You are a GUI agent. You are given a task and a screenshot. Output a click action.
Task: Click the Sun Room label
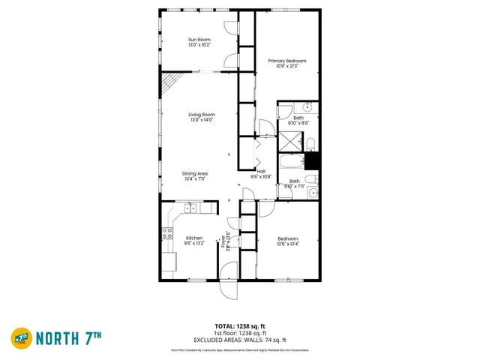tap(199, 39)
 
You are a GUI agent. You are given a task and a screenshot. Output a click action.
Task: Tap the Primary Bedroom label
tap(287, 61)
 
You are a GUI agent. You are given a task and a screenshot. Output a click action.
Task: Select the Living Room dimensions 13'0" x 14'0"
tap(202, 120)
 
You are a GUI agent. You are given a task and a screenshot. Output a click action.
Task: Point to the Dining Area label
tap(195, 173)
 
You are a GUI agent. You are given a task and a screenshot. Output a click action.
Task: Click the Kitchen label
tap(193, 238)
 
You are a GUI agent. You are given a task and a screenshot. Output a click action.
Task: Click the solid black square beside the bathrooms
tap(312, 160)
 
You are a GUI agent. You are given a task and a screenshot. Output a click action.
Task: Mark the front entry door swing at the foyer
tap(228, 291)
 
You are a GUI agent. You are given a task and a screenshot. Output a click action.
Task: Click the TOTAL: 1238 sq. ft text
tap(240, 326)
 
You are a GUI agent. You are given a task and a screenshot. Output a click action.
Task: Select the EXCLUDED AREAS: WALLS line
tap(240, 340)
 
